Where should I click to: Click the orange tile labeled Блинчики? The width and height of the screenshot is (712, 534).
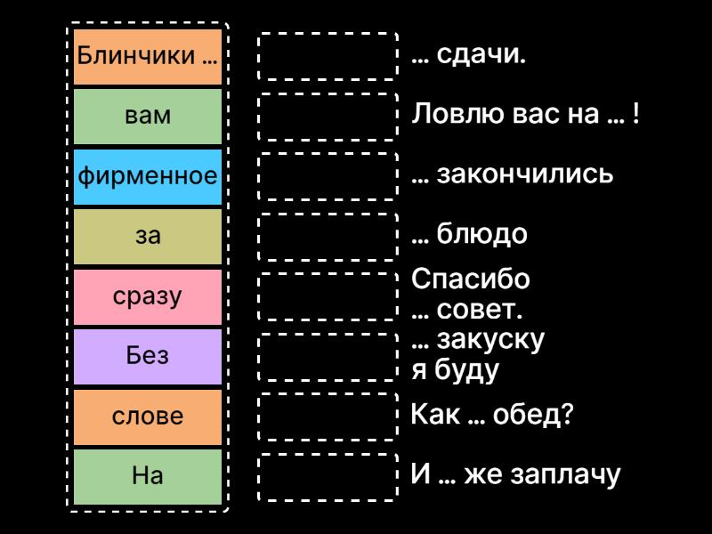147,56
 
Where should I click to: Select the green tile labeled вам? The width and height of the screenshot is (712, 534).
147,116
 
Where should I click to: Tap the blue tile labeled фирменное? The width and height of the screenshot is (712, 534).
147,175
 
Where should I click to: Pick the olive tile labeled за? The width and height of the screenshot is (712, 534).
147,236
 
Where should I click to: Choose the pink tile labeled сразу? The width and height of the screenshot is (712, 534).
147,295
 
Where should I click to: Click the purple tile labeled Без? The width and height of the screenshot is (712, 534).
147,356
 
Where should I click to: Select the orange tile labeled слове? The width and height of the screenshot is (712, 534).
147,416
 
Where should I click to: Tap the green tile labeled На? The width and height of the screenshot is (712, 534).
147,476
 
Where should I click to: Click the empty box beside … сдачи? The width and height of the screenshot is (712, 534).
328,56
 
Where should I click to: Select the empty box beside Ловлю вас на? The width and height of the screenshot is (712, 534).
328,116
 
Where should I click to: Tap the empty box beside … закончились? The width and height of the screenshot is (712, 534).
328,175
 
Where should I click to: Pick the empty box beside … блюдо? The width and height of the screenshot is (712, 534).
328,236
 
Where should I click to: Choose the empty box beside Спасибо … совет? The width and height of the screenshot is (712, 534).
328,295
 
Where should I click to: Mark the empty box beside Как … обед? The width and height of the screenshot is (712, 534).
328,416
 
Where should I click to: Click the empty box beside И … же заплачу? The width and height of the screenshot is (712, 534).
328,476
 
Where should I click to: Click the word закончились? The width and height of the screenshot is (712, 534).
525,174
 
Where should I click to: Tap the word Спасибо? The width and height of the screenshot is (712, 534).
471,279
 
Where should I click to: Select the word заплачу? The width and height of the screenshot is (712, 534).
566,475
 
